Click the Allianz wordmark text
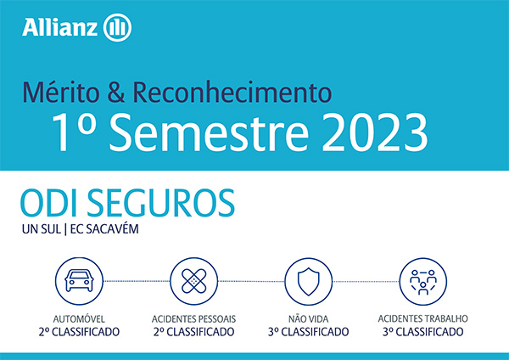click(59, 27)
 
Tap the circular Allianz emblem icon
click(117, 28)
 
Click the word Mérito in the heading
click(61, 93)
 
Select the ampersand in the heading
click(116, 93)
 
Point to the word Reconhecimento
click(232, 93)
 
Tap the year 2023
click(375, 132)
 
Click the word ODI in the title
click(49, 203)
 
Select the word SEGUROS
click(160, 203)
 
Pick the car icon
click(79, 281)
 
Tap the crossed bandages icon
click(193, 281)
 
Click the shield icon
click(309, 281)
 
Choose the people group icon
click(423, 281)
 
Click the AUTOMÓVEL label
click(79, 319)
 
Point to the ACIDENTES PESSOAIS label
click(193, 319)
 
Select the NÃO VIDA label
click(309, 319)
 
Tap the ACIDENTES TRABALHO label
click(423, 318)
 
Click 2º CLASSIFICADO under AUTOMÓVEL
click(79, 332)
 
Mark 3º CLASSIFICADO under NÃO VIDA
click(309, 332)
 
